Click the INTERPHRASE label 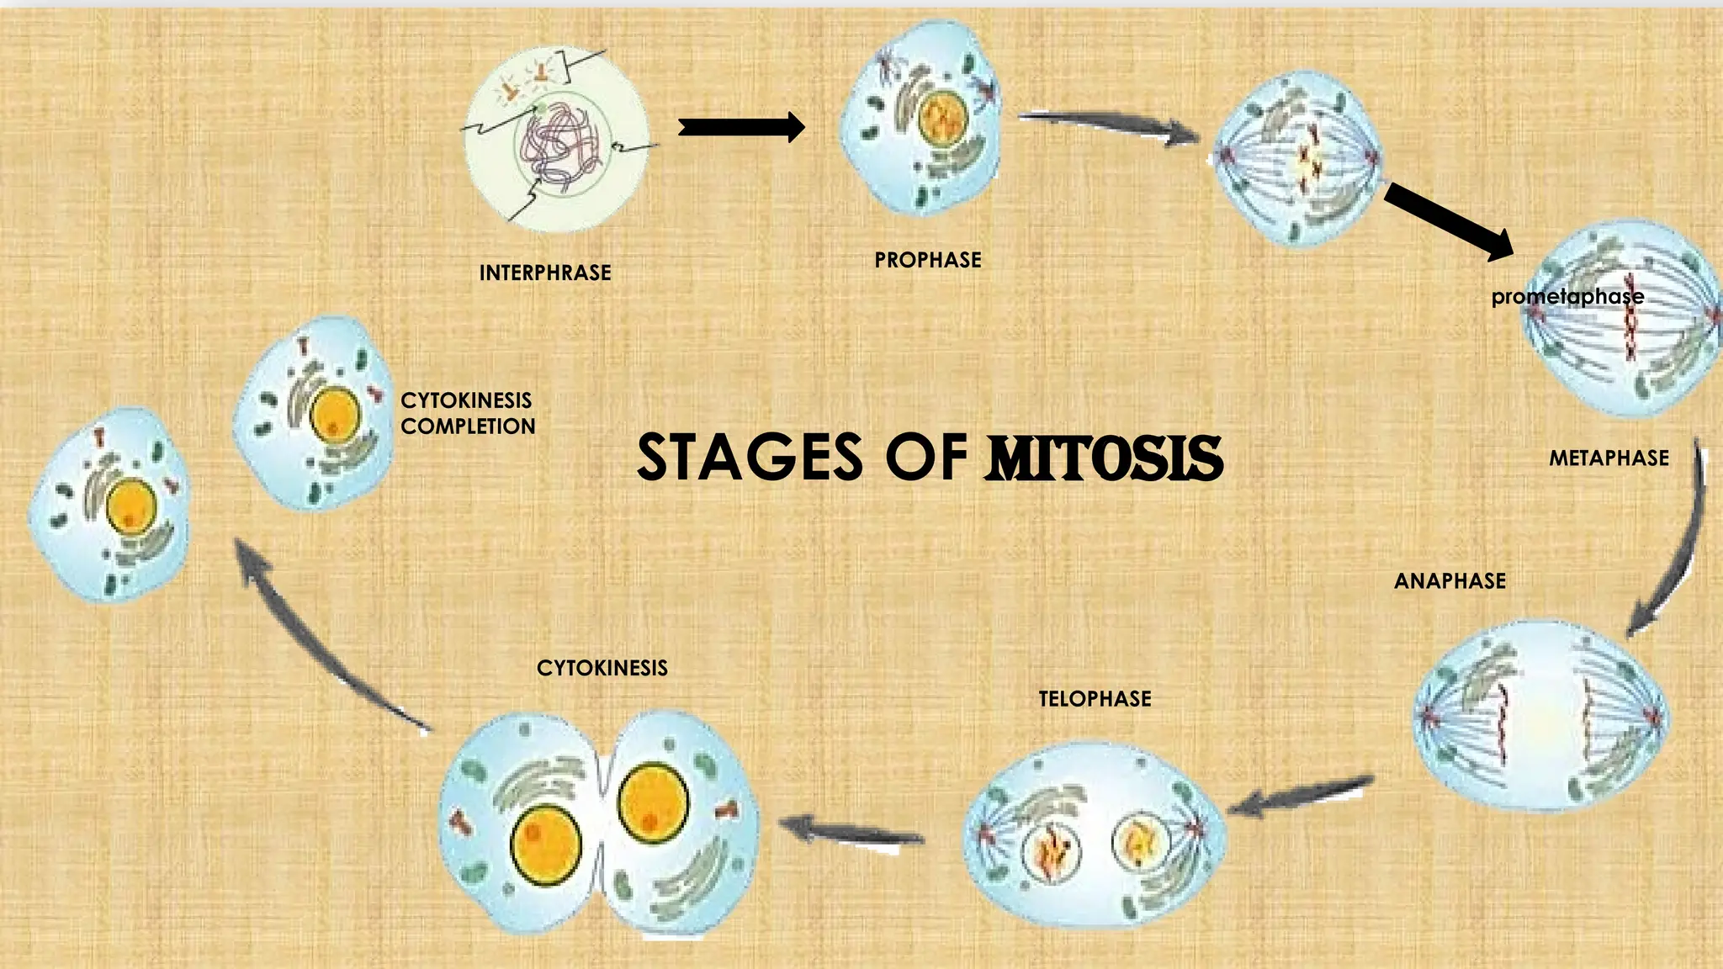(545, 273)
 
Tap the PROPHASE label (928, 260)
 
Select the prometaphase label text (1567, 296)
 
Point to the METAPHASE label (1609, 458)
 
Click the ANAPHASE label (1450, 581)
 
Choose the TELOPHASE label (1095, 699)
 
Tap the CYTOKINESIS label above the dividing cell (602, 668)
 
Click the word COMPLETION (468, 426)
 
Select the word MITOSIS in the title (1105, 458)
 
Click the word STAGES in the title (750, 458)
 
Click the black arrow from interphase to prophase (740, 127)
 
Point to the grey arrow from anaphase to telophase (1301, 796)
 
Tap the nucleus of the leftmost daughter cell (130, 507)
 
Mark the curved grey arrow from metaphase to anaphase (1674, 547)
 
